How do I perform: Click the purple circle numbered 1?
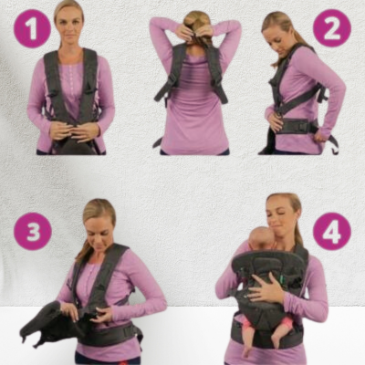[x=32, y=28]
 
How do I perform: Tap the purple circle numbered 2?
[x=332, y=28]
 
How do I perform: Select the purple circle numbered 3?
[x=33, y=231]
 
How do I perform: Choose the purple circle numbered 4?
[x=332, y=231]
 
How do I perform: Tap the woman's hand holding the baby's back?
[x=264, y=288]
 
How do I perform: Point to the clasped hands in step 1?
[x=75, y=132]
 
